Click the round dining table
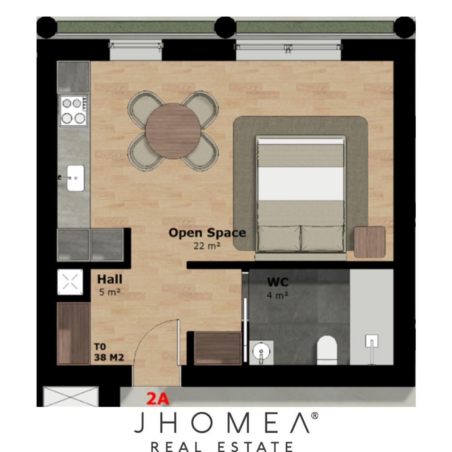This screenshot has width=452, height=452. click(173, 131)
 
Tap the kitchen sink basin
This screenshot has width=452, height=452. click(75, 178)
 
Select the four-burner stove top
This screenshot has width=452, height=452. click(74, 110)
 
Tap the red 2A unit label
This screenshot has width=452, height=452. click(158, 399)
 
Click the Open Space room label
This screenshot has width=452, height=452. click(207, 233)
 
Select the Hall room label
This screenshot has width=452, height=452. click(110, 279)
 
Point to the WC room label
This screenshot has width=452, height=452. click(277, 282)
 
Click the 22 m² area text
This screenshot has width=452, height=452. click(207, 246)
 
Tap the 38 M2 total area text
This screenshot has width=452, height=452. click(109, 357)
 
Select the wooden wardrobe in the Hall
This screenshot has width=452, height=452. click(74, 334)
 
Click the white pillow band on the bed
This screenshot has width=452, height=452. click(300, 184)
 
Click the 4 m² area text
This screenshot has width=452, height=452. click(277, 295)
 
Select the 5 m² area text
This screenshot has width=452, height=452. click(110, 292)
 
